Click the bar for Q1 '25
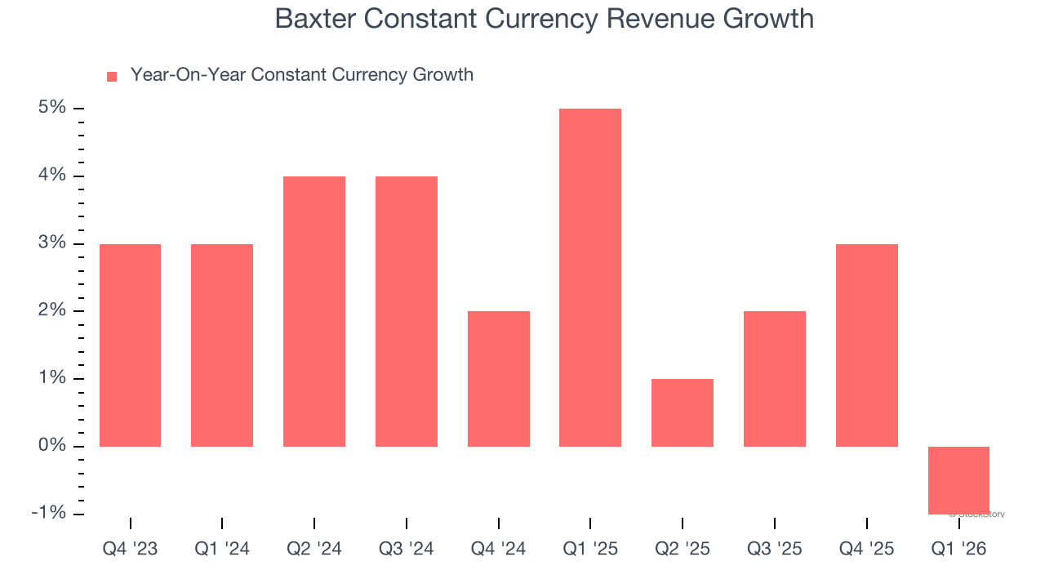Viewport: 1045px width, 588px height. (590, 278)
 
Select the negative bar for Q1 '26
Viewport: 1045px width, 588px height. (958, 480)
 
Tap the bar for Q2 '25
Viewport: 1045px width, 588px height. (683, 412)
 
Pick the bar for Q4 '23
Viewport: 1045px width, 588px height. (130, 345)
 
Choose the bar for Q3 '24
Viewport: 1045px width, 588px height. (407, 311)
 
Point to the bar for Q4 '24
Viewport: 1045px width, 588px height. (499, 379)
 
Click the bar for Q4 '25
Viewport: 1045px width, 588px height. (867, 345)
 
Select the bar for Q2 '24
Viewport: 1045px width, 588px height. (314, 311)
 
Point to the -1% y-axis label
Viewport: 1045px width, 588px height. (48, 513)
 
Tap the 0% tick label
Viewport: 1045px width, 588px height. (51, 446)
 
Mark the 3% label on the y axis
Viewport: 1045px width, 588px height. (51, 243)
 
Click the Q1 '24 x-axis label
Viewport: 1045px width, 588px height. (222, 550)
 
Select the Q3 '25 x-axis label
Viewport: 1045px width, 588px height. (775, 550)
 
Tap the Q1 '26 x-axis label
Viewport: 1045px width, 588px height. (958, 550)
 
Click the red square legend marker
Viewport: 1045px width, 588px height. (112, 77)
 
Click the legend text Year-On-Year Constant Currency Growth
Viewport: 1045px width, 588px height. (302, 75)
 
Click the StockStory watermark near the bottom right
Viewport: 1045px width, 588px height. (979, 514)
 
